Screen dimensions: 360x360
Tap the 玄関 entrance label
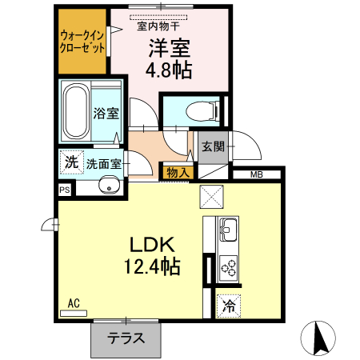pyautogui.click(x=213, y=147)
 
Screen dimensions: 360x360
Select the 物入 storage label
pyautogui.click(x=177, y=171)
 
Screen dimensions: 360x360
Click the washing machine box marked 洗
pyautogui.click(x=71, y=162)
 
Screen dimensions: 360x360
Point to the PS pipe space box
pyautogui.click(x=64, y=190)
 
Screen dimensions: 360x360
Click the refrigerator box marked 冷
pyautogui.click(x=229, y=305)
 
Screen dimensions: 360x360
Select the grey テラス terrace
pyautogui.click(x=126, y=338)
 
